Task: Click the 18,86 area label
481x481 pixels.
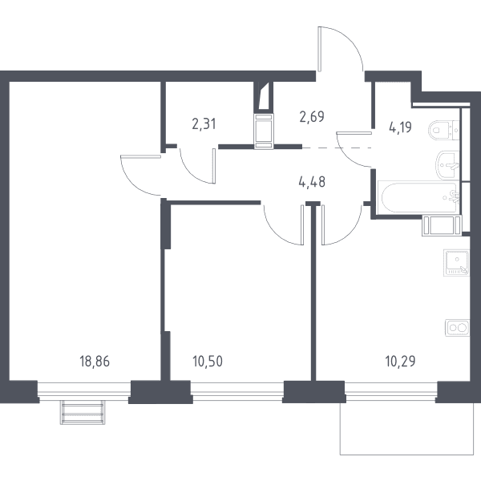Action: pyautogui.click(x=95, y=362)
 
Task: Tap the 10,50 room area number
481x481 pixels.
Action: pyautogui.click(x=208, y=362)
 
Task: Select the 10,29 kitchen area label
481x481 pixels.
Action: pyautogui.click(x=400, y=362)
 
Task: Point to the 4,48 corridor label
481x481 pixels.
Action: pyautogui.click(x=312, y=182)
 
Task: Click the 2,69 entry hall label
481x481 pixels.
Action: pyautogui.click(x=312, y=116)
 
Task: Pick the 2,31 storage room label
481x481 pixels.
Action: pyautogui.click(x=204, y=124)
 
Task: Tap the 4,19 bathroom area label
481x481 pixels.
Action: pyautogui.click(x=400, y=127)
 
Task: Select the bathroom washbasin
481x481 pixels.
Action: pyautogui.click(x=447, y=166)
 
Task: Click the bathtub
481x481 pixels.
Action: pyautogui.click(x=418, y=197)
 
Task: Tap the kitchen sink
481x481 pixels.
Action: pyautogui.click(x=456, y=263)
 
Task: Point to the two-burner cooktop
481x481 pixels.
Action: pyautogui.click(x=458, y=328)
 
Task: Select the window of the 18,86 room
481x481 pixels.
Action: pyautogui.click(x=84, y=390)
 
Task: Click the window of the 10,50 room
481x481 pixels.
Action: pyautogui.click(x=236, y=390)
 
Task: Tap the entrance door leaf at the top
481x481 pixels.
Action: pyautogui.click(x=320, y=49)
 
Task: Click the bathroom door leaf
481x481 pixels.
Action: pyautogui.click(x=354, y=132)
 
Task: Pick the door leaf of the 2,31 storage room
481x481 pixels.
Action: pyautogui.click(x=214, y=166)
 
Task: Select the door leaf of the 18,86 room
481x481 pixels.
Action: pyautogui.click(x=141, y=156)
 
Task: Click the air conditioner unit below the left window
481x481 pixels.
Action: pyautogui.click(x=83, y=412)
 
